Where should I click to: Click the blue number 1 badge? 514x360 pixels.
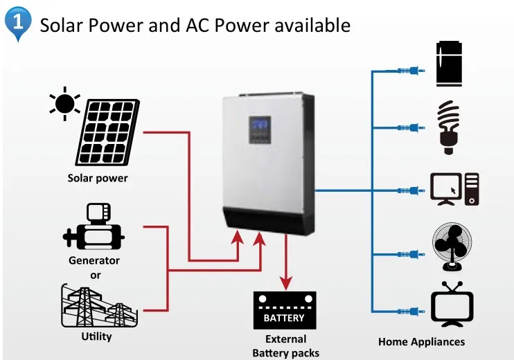[19, 21]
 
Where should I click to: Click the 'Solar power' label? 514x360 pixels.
[98, 178]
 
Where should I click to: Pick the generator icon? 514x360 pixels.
[94, 228]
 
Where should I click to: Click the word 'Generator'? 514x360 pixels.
[94, 261]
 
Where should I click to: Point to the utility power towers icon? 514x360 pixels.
[96, 307]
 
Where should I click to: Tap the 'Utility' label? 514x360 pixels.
[96, 336]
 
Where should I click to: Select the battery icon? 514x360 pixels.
[285, 311]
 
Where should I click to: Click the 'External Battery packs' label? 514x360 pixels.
[285, 345]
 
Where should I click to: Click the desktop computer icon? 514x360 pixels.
[454, 189]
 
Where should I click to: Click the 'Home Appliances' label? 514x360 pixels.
[421, 342]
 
